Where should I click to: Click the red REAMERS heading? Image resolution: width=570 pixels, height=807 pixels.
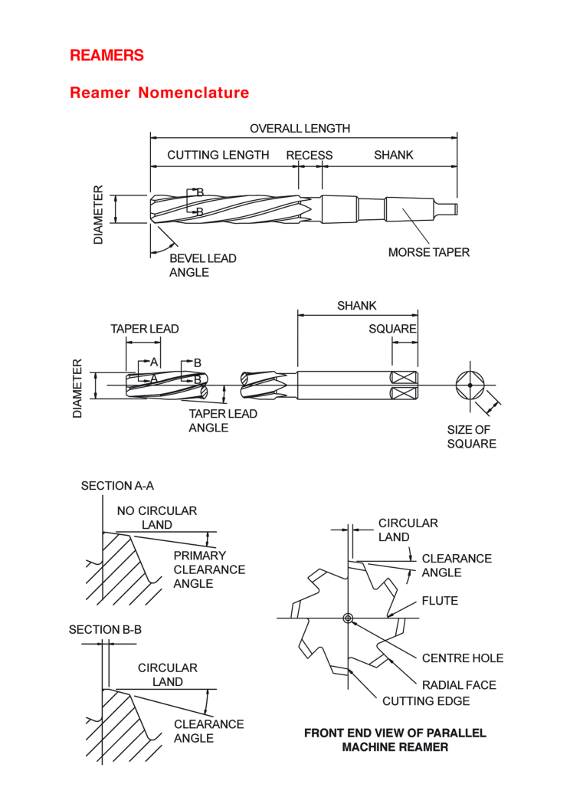[106, 55]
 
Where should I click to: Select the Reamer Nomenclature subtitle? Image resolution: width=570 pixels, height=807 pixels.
[159, 93]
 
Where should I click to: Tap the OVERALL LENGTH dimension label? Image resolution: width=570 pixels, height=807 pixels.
[300, 129]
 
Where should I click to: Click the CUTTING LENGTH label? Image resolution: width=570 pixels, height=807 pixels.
[218, 155]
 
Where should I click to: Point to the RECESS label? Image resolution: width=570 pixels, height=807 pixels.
[310, 155]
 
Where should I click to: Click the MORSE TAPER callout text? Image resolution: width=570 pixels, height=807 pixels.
[428, 252]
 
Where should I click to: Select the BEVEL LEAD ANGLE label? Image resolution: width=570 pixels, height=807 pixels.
[202, 265]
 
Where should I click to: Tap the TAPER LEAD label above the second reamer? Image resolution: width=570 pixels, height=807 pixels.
[145, 329]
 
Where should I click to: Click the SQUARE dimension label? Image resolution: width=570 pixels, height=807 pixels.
[392, 329]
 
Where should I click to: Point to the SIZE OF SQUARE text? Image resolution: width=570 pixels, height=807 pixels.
[471, 437]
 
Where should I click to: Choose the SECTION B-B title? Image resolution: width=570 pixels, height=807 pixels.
[105, 629]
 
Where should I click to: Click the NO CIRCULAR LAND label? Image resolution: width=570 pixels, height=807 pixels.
[156, 517]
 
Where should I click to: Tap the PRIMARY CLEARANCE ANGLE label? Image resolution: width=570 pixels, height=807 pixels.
[209, 569]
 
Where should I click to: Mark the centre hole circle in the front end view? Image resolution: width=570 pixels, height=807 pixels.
[348, 618]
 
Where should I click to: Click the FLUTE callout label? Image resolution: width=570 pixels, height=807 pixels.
[440, 601]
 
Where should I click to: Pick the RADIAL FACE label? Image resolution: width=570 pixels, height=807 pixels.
[458, 684]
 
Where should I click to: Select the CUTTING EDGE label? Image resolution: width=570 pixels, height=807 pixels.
[426, 700]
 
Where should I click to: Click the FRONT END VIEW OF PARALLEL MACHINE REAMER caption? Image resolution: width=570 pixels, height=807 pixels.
[395, 740]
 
